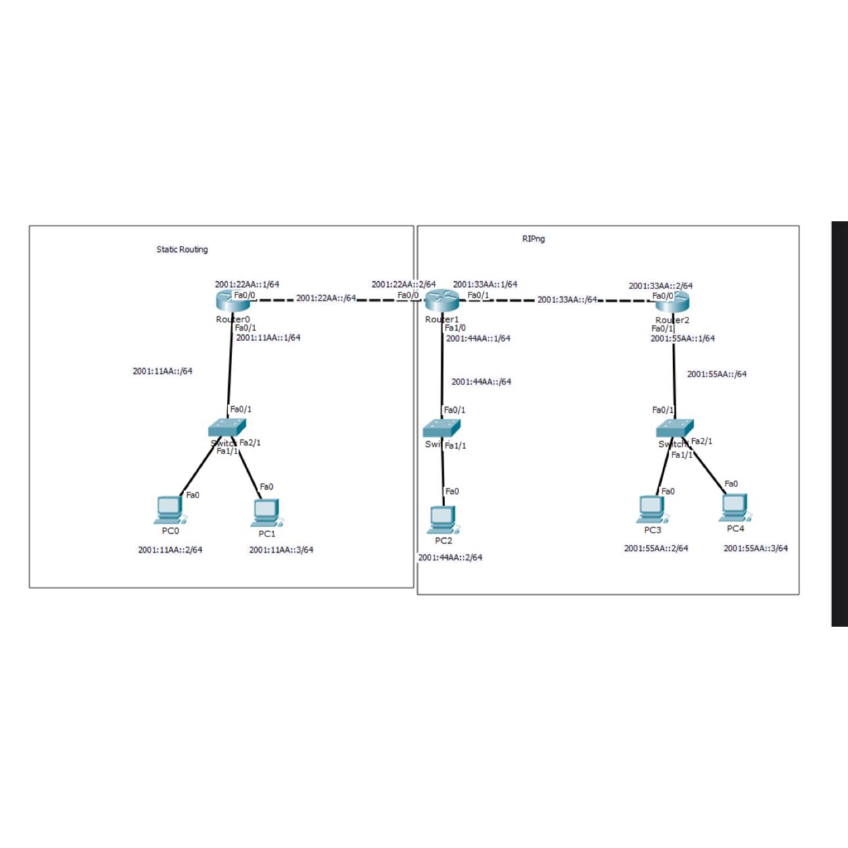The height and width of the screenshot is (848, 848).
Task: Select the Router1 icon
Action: coord(441,302)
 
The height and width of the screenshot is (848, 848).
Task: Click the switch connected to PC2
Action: coord(442,428)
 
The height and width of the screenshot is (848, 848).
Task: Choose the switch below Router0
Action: coord(226,428)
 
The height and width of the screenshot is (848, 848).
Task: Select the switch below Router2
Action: coord(674,429)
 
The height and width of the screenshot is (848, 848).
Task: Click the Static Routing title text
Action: coord(182,250)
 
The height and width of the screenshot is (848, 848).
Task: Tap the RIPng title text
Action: coord(533,239)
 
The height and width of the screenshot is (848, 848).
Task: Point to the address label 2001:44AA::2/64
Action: coord(450,557)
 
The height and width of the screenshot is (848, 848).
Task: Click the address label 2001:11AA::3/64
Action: coord(281,550)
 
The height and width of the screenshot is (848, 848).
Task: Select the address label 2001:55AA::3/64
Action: coord(755,548)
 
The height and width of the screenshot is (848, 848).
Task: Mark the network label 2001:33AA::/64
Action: coord(567,300)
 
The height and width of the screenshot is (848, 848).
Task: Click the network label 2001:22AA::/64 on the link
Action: coord(326,298)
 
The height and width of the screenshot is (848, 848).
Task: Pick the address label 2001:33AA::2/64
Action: coord(660,286)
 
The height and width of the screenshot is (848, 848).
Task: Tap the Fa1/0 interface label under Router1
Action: coord(455,327)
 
